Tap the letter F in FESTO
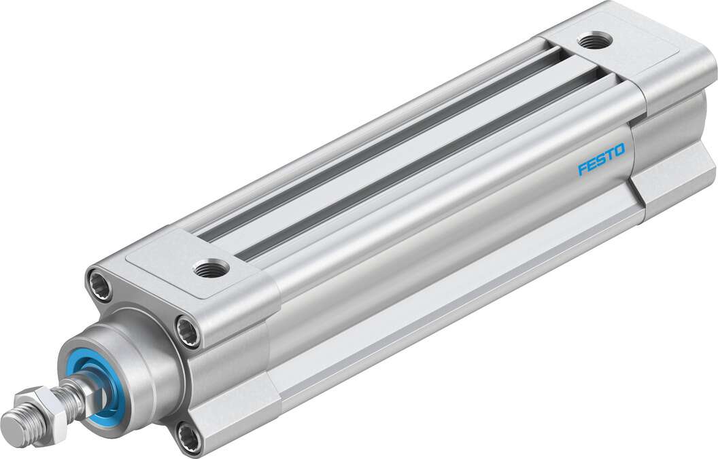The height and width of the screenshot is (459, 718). click(x=582, y=170)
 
